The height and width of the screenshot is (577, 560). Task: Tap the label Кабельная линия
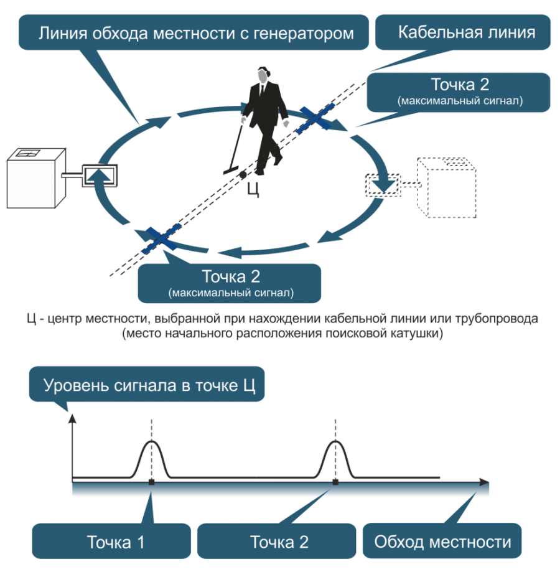click(x=467, y=32)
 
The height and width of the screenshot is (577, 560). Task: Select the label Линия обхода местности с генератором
click(x=196, y=32)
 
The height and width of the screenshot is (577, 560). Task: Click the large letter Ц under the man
click(x=253, y=189)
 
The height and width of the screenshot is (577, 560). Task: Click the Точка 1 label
click(x=116, y=542)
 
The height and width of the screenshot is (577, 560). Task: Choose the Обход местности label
click(x=442, y=542)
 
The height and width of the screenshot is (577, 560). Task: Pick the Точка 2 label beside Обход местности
click(x=279, y=542)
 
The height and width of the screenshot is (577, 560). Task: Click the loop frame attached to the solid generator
click(x=99, y=175)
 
